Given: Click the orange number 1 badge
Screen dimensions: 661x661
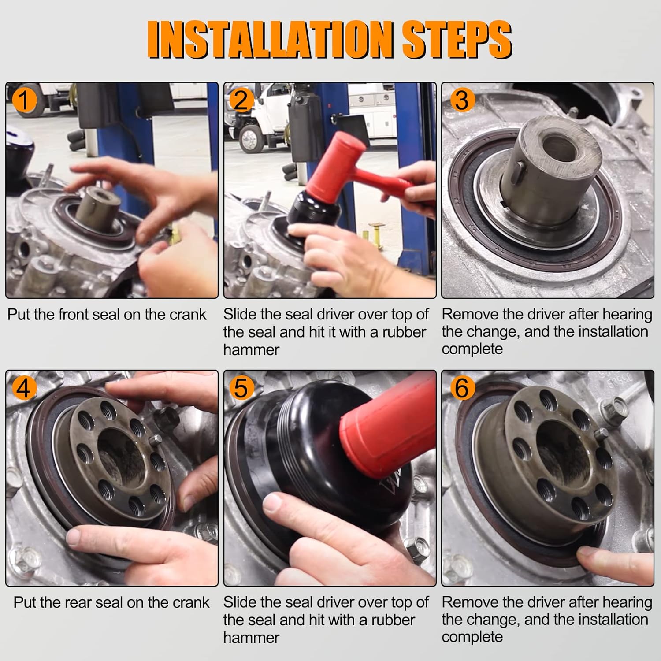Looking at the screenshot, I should pos(24,100).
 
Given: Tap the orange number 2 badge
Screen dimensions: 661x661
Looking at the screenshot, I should pos(241,100).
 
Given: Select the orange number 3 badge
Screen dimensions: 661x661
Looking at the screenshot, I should pos(461,100).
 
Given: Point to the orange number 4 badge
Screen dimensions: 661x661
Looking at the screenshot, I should pos(24,388).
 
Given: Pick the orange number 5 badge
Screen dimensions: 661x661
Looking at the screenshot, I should pos(241,388).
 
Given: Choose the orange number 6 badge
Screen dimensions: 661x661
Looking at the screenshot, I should pos(461,388).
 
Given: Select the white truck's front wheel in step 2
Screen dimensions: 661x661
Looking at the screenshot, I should pos(249,138).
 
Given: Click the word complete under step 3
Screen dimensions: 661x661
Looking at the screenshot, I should pos(472,349).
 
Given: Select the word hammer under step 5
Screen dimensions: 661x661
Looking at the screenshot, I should pos(251,638).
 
